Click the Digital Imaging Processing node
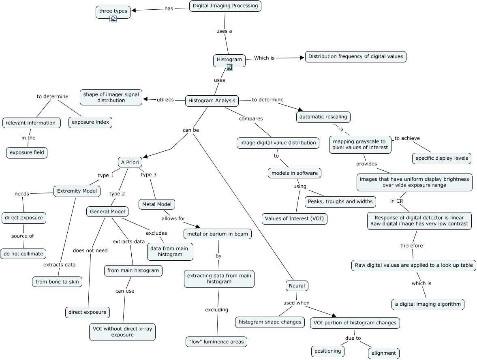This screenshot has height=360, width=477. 225,6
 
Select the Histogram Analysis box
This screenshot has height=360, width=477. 212,101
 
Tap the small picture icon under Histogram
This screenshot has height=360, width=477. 229,67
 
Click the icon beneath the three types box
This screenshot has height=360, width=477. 113,19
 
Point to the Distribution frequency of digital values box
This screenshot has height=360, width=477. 355,57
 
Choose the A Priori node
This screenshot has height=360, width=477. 130,162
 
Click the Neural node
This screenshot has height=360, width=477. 297,286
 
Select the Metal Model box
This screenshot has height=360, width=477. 157,204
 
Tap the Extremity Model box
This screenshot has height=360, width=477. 77,191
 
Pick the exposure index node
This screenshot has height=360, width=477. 90,122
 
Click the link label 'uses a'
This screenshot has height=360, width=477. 224,31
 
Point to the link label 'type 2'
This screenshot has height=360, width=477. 117,193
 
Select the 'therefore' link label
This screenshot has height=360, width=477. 412,246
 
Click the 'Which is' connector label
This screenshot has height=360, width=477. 264,58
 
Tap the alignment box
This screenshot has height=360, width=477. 384,353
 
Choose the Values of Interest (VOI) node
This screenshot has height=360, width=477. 295,219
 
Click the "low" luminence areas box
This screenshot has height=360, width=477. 216,342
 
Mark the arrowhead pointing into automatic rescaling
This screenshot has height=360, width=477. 300,109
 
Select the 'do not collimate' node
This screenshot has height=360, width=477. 24,254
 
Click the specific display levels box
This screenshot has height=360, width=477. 442,158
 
